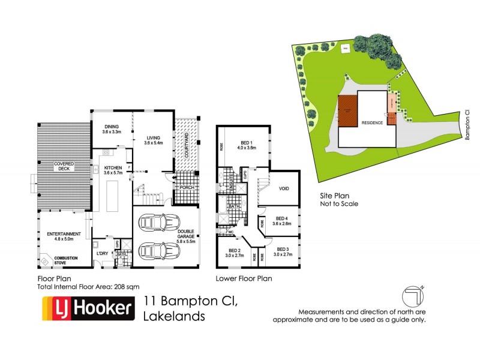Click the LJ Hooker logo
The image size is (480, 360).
tap(86, 310)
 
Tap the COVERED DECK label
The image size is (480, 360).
tap(64, 166)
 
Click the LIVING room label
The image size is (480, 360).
tap(154, 140)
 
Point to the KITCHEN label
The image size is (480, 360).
tap(113, 170)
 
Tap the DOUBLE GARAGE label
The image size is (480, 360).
tap(185, 236)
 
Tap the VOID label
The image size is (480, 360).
tap(284, 188)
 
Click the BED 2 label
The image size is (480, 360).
tap(233, 252)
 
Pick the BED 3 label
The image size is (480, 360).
tap(283, 252)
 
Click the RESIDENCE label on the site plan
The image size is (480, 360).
tap(372, 122)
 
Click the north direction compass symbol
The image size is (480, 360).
tap(413, 295)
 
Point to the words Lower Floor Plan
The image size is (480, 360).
tap(244, 278)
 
